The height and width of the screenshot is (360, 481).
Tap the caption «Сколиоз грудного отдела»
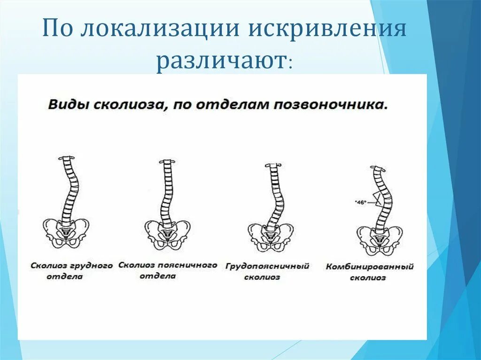[72, 271]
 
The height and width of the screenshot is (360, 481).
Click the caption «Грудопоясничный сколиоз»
[267, 271]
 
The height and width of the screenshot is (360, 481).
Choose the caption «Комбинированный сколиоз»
[369, 272]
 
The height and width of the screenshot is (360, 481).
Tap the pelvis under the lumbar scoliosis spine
[167, 233]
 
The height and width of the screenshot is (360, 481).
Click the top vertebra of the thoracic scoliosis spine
[66, 158]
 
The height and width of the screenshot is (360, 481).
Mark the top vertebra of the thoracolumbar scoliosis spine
[272, 165]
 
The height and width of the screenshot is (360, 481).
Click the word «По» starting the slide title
[58, 30]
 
